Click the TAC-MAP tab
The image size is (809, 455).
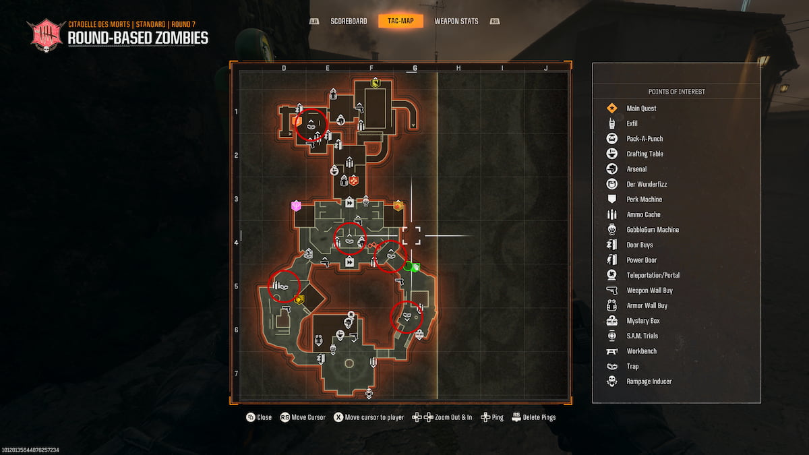[x=400, y=21]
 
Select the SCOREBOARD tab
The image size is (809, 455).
[x=349, y=21]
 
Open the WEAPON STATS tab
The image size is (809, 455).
[x=456, y=21]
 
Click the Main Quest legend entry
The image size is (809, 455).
[x=641, y=109]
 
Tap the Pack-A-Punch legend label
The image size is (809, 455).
[x=645, y=139]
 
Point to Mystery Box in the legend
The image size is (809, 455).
[x=643, y=321]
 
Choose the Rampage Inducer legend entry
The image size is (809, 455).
[x=649, y=382]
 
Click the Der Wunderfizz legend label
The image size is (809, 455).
[x=647, y=184]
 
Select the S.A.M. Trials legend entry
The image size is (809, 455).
[x=642, y=336]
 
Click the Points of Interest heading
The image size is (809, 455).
[x=676, y=92]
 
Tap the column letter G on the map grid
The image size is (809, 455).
[x=415, y=68]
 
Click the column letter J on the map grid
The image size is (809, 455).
[x=545, y=68]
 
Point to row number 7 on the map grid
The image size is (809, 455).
[x=236, y=373]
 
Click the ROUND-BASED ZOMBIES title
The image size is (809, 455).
[x=138, y=38]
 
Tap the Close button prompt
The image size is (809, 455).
[x=260, y=417]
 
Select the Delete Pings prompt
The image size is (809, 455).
[x=534, y=417]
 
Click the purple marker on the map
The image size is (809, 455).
[x=295, y=206]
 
